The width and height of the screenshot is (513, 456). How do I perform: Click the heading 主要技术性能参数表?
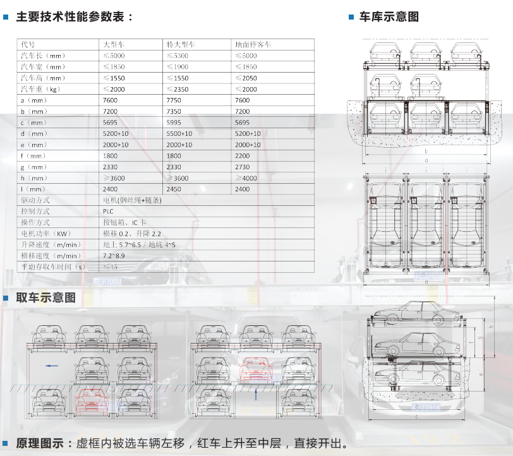coord(75,17)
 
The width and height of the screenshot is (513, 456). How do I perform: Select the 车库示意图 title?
coord(389,17)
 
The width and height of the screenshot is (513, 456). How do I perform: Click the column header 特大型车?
coord(181,45)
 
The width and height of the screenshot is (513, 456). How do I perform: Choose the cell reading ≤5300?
coord(177,56)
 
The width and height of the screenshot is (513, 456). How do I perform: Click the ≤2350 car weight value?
coord(177,89)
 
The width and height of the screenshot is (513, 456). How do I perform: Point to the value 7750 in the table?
coord(173,100)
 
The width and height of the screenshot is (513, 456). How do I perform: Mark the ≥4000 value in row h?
coord(246,178)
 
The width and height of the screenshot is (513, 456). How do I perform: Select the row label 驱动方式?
coord(35,200)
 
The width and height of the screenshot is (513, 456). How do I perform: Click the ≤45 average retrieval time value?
coord(110,267)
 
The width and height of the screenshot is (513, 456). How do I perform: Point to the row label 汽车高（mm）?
coord(43,78)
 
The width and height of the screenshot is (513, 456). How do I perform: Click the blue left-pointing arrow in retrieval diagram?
coord(51,366)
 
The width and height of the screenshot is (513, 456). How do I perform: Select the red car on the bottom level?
coord(92,399)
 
